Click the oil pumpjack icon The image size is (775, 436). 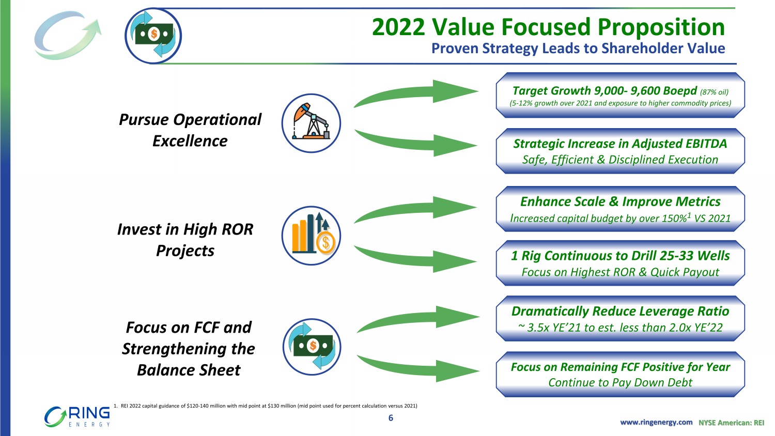(311, 123)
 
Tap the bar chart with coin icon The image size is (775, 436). (311, 236)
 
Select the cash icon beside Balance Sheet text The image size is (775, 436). (312, 347)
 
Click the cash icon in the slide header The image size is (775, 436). (153, 36)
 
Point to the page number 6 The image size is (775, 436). (391, 418)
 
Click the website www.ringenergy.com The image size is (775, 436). (656, 422)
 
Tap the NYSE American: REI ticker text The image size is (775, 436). (732, 423)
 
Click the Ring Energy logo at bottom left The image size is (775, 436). (77, 416)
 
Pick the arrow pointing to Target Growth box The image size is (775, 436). (415, 94)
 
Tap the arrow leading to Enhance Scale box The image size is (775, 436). (415, 209)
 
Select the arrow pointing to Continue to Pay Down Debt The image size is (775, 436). (418, 368)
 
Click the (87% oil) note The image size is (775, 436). (714, 92)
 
